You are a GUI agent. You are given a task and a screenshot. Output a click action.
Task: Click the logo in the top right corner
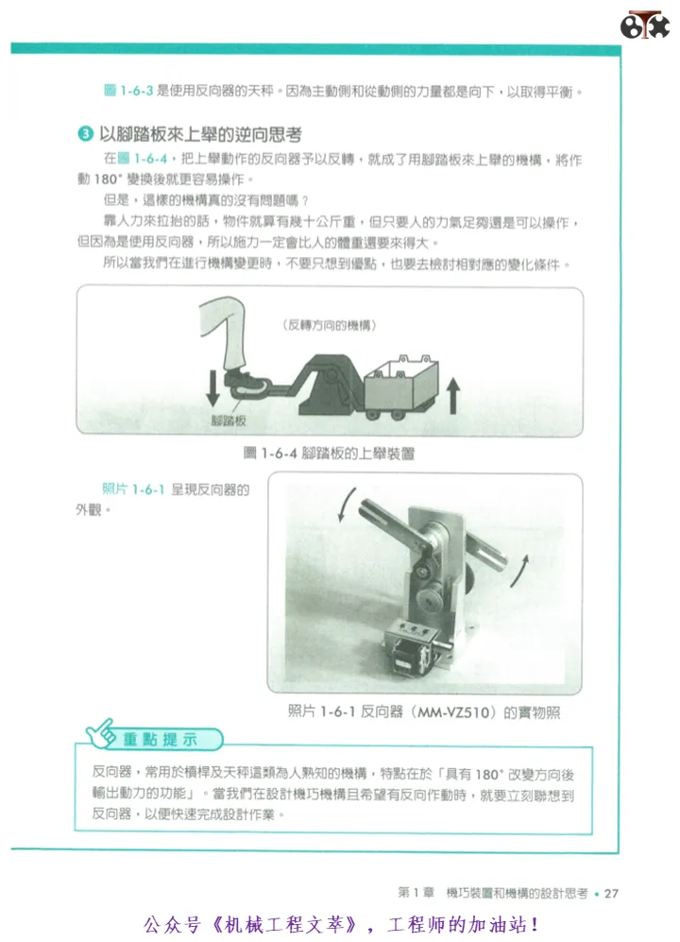tap(644, 25)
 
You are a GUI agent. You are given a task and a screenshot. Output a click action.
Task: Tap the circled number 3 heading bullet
tap(85, 133)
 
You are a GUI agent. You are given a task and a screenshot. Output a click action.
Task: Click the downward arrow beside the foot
tap(212, 388)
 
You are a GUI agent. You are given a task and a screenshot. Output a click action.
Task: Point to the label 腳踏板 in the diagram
tap(229, 420)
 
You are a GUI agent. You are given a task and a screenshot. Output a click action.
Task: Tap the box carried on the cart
tap(401, 382)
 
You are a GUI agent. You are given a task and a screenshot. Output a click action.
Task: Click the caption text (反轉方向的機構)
tap(330, 325)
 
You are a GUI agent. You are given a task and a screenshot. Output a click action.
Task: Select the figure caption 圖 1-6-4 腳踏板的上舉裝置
tap(330, 453)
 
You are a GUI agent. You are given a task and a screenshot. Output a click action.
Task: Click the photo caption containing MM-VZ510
tap(424, 711)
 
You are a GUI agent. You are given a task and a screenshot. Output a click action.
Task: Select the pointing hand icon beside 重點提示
tap(101, 733)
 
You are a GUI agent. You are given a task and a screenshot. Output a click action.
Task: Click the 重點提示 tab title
tap(161, 739)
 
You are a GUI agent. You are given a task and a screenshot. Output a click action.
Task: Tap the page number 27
tap(611, 893)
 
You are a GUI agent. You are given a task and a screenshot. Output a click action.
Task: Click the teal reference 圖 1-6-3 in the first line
tap(128, 91)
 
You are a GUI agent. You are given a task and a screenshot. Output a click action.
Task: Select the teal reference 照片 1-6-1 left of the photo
tap(133, 489)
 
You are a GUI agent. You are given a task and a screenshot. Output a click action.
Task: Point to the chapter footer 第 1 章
tap(416, 893)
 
